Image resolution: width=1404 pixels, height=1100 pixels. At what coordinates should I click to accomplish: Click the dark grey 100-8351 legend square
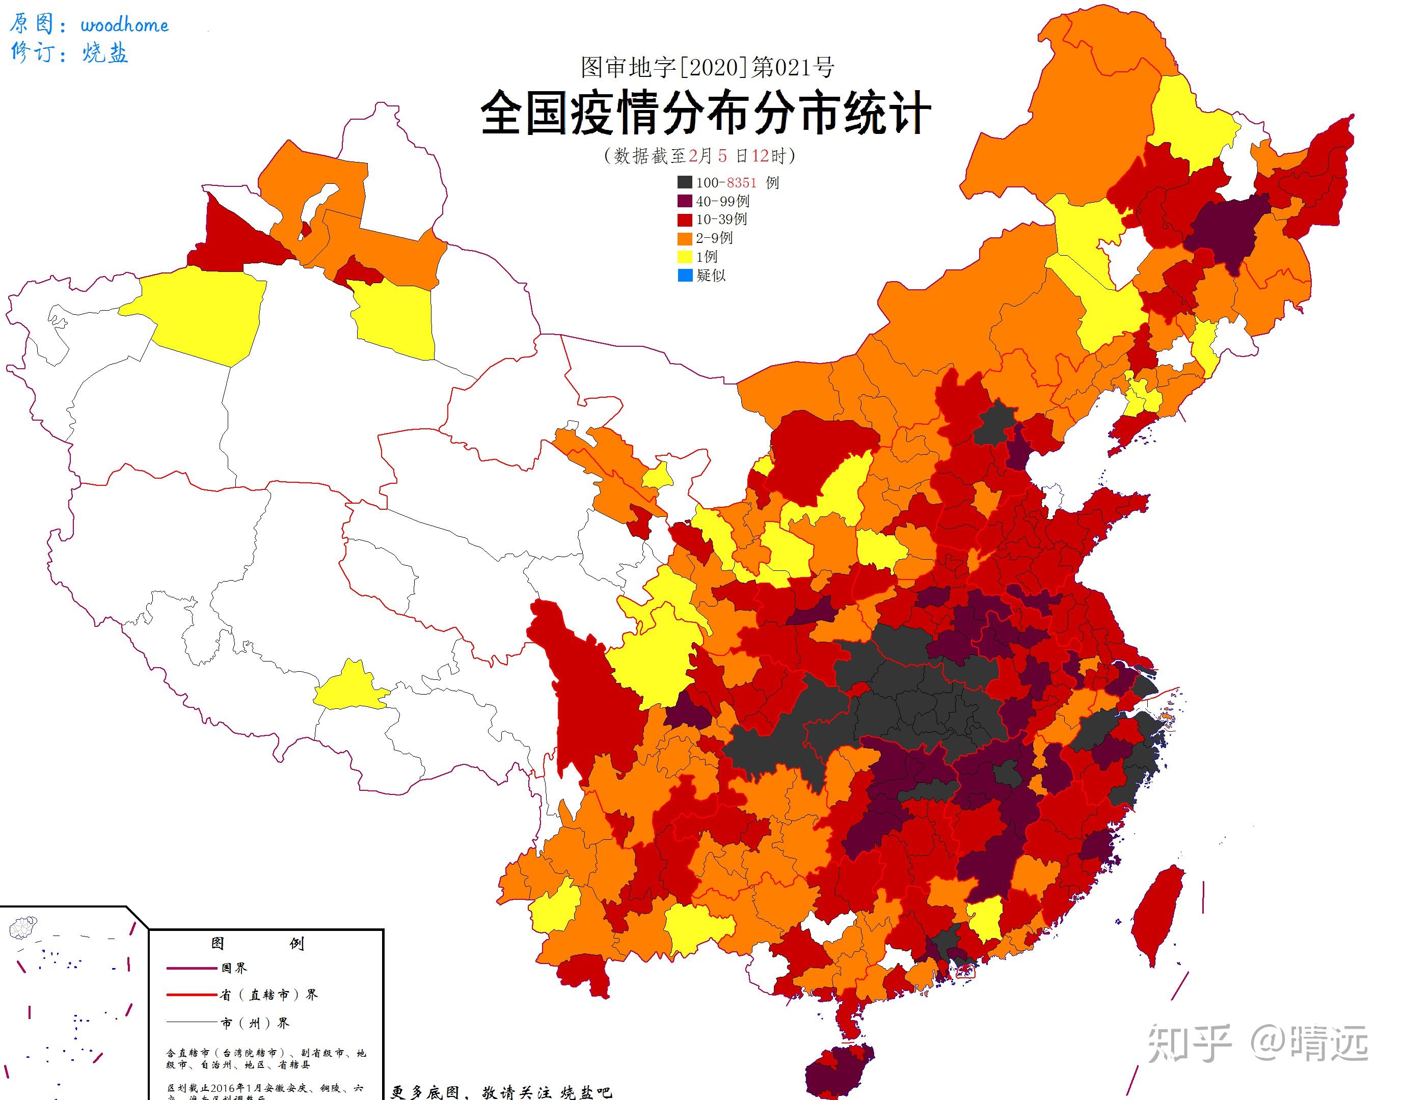(x=684, y=183)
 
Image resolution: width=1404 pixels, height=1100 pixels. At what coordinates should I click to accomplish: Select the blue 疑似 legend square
(x=684, y=276)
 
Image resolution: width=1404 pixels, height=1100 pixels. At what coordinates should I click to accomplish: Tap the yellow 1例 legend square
(x=684, y=257)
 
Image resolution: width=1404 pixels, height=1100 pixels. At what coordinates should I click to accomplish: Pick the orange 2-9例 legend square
(x=684, y=238)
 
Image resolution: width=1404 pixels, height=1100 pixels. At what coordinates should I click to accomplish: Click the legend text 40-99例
(x=722, y=202)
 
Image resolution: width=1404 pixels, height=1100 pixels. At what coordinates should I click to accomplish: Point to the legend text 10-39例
(x=721, y=219)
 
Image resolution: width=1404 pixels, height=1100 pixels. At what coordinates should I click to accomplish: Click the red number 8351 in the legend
(x=741, y=183)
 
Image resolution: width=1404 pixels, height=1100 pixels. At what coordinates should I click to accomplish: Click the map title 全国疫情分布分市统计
(x=706, y=114)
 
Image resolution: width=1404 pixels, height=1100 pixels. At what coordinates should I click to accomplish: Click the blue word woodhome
(x=124, y=25)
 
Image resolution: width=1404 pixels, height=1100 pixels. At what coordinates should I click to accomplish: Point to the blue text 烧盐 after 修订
(x=105, y=53)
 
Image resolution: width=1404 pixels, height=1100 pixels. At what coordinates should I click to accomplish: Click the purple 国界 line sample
(x=192, y=967)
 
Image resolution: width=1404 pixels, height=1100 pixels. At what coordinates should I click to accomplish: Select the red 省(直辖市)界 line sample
(x=192, y=995)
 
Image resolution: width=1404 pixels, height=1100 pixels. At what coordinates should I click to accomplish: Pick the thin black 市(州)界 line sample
(x=192, y=1022)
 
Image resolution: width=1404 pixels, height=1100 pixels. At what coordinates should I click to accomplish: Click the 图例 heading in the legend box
(x=256, y=944)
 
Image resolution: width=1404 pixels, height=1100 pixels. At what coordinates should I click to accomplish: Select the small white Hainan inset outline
(x=24, y=927)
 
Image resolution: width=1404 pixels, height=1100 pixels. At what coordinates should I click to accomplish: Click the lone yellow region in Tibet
(x=348, y=689)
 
